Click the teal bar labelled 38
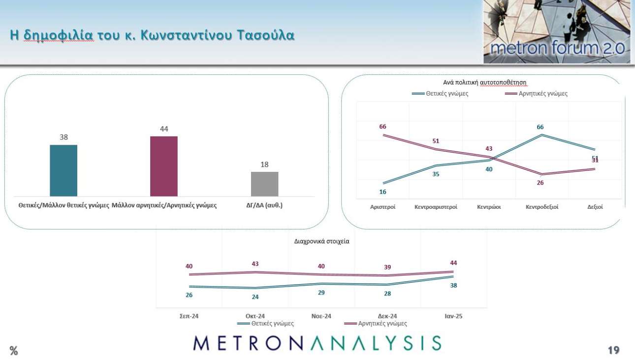click(63, 170)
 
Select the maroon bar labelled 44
click(164, 166)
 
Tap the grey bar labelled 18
click(264, 184)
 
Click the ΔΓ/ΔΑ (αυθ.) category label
click(264, 205)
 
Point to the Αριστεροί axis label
click(382, 207)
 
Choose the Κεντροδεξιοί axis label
click(542, 207)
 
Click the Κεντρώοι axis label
click(489, 207)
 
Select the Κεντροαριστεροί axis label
click(436, 207)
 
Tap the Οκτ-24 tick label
click(255, 316)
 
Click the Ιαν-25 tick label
click(453, 316)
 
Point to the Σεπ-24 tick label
click(189, 316)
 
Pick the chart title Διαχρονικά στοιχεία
click(321, 242)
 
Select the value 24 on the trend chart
click(255, 297)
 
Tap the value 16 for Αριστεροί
click(382, 192)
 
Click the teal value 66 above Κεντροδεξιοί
click(540, 127)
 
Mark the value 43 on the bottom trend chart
click(255, 264)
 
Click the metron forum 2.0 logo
click(557, 32)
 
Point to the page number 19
click(613, 350)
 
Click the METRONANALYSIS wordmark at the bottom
click(317, 343)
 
